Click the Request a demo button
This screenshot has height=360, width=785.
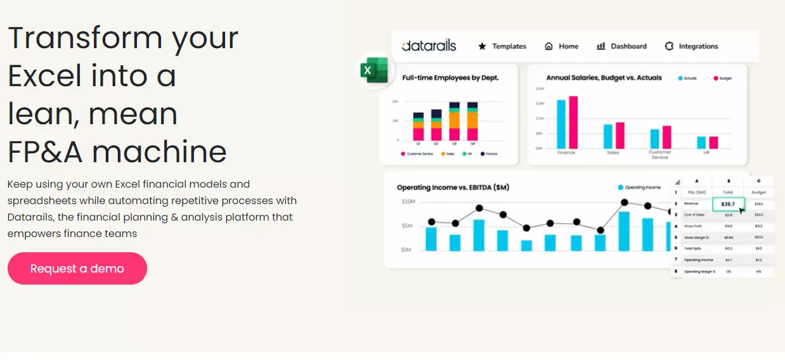coord(77,269)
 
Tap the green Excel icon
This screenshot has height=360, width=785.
coord(374,70)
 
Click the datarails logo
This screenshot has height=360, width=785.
coord(429,46)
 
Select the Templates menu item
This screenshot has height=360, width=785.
coord(502,46)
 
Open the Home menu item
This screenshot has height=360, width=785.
coord(561,46)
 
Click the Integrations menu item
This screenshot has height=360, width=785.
coord(691,46)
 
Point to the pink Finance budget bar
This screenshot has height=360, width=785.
coord(573,122)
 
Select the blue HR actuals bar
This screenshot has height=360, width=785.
coord(701,142)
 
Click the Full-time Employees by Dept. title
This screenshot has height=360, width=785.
coord(450,78)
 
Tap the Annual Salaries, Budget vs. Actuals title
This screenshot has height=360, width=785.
coord(604,78)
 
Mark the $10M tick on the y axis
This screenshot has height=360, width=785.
coord(408,202)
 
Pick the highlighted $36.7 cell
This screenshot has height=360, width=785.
coord(727,204)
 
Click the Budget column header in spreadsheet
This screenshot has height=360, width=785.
coord(758,192)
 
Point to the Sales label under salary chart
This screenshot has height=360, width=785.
coord(613,153)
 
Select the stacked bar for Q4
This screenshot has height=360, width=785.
coord(472,122)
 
